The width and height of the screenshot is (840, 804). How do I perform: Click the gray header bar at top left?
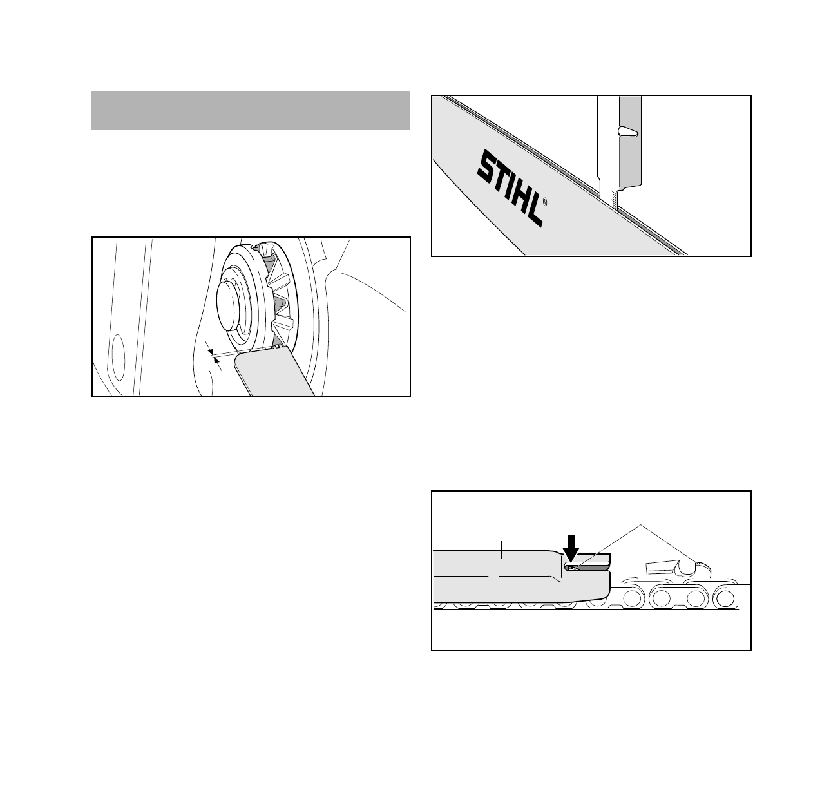(251, 111)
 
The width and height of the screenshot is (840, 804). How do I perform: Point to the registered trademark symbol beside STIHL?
(546, 202)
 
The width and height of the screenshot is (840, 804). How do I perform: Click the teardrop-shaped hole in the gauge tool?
(627, 131)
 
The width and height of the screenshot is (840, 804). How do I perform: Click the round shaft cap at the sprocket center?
(228, 300)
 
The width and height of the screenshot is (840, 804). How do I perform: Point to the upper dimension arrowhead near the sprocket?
(210, 351)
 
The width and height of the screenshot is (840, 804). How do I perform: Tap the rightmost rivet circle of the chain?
(727, 598)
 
